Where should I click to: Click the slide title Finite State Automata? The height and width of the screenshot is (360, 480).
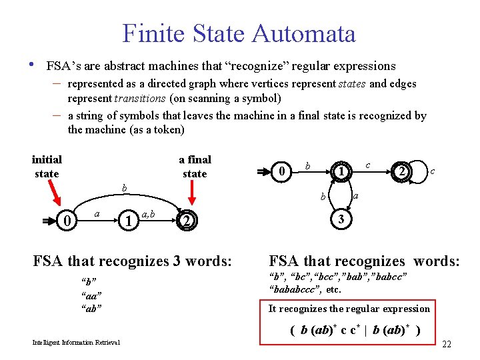tap(239, 33)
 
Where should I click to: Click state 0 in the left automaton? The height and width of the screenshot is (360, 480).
tap(65, 220)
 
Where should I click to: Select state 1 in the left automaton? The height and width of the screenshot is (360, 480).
tap(127, 220)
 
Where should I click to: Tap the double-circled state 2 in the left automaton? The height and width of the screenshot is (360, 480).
tap(188, 221)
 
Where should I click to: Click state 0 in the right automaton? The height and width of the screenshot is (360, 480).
tap(283, 173)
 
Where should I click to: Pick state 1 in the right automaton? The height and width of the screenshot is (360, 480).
tap(341, 173)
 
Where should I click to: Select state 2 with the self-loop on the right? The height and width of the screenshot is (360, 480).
tap(401, 173)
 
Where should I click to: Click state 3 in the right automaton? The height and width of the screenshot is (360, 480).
tap(341, 220)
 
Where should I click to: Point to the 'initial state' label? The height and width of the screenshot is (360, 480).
tap(47, 167)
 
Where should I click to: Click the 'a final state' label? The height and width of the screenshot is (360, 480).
tap(195, 167)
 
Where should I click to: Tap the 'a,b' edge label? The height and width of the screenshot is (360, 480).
tap(149, 213)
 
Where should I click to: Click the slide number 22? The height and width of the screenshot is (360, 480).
tap(447, 344)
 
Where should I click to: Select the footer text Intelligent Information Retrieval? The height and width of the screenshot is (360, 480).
tap(77, 343)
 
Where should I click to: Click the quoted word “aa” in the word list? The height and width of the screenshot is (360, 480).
tap(91, 295)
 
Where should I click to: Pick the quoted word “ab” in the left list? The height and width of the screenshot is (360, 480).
tap(91, 308)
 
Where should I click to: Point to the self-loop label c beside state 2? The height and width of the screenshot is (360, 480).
tap(433, 172)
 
